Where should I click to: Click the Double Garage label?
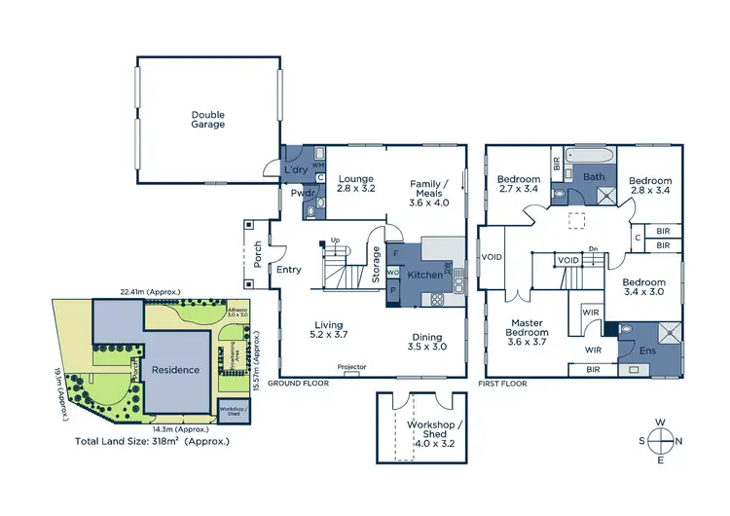pos(207,119)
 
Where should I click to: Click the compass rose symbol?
pos(659,440)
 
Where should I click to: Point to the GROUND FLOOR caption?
pos(304,384)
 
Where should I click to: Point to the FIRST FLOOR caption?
pos(502,384)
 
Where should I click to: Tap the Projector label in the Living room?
pos(351,367)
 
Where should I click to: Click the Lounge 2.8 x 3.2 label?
pos(356,185)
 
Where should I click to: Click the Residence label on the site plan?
pos(175,370)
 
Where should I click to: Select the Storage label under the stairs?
pos(377,263)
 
